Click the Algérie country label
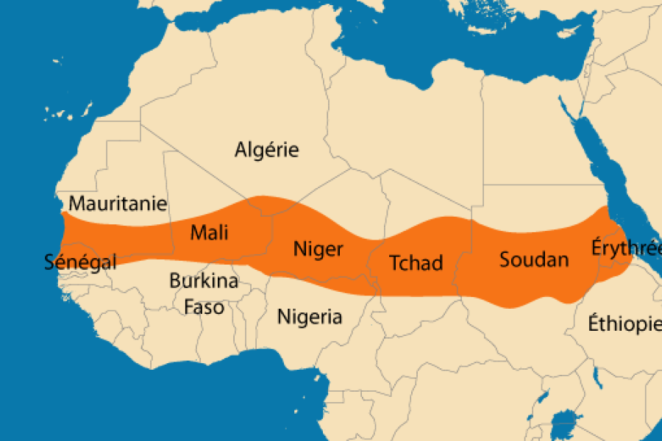(x=266, y=150)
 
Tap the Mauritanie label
(x=118, y=204)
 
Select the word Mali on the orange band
(x=209, y=233)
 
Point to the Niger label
(x=318, y=249)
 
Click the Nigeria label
(x=309, y=317)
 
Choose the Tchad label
(x=416, y=262)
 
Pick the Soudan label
(x=534, y=259)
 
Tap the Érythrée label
(x=625, y=248)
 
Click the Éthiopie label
(x=624, y=323)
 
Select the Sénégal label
(x=80, y=262)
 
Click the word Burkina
(x=204, y=281)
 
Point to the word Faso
(x=204, y=306)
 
